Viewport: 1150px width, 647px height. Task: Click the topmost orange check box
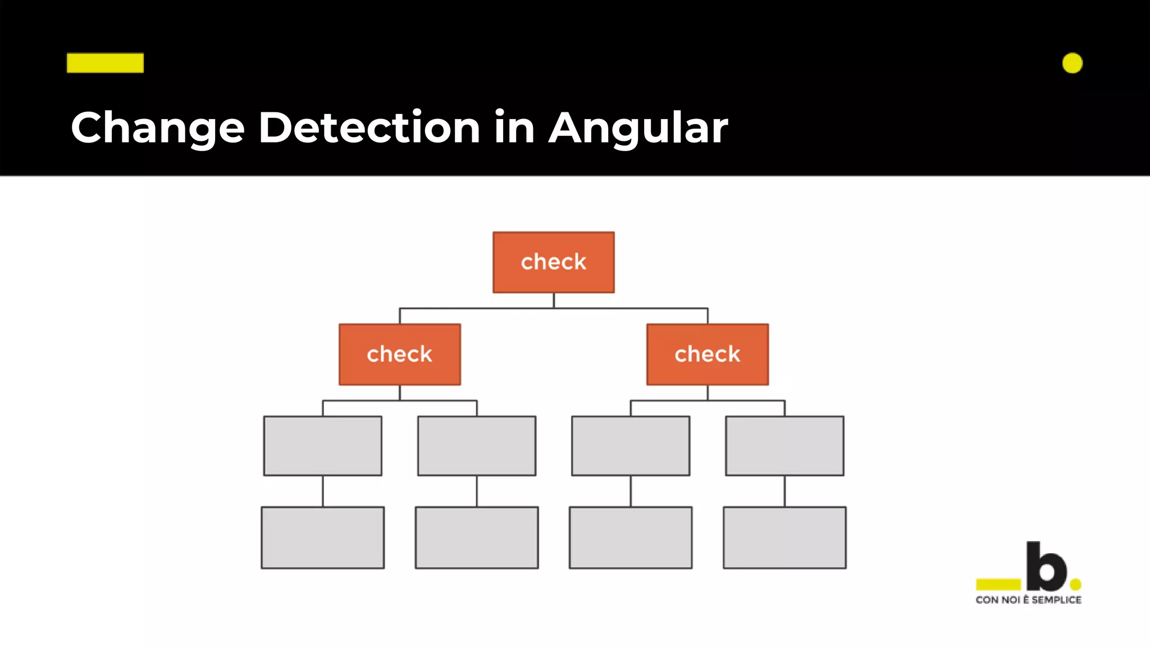[x=553, y=262]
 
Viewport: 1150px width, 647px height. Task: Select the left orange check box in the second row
[x=399, y=354]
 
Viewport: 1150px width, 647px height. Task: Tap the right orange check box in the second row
[x=707, y=354]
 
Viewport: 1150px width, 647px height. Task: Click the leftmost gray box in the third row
[x=322, y=446]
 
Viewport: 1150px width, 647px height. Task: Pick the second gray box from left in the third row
[x=476, y=446]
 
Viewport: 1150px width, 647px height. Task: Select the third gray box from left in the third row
[x=630, y=446]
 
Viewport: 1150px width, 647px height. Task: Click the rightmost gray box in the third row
[x=784, y=446]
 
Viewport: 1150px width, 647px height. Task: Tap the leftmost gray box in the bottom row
[x=322, y=537]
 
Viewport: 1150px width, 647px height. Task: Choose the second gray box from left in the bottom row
[x=476, y=537]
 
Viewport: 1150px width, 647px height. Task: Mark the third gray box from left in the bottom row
[x=630, y=537]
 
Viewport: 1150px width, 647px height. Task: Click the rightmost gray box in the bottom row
[x=784, y=537]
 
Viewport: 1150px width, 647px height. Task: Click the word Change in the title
[x=157, y=128]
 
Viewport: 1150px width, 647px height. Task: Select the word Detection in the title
[x=368, y=127]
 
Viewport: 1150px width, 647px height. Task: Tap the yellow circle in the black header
[x=1072, y=63]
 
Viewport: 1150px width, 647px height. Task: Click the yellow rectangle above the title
[x=105, y=63]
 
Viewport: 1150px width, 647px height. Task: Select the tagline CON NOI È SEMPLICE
[x=1028, y=600]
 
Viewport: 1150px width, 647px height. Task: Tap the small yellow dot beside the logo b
[x=1076, y=585]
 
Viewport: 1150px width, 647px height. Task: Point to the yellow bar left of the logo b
[x=998, y=585]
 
